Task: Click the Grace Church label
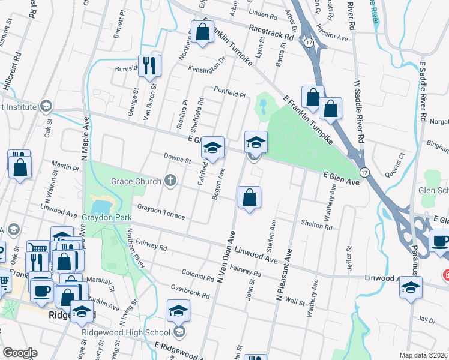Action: tap(136, 181)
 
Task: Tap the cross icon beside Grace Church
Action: tap(170, 181)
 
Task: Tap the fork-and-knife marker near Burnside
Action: tap(149, 65)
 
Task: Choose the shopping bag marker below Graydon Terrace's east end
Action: tap(249, 197)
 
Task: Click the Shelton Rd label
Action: tap(321, 227)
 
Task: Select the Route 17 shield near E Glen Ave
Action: tap(364, 172)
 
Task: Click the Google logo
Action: tap(20, 353)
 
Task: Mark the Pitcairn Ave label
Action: tap(333, 37)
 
